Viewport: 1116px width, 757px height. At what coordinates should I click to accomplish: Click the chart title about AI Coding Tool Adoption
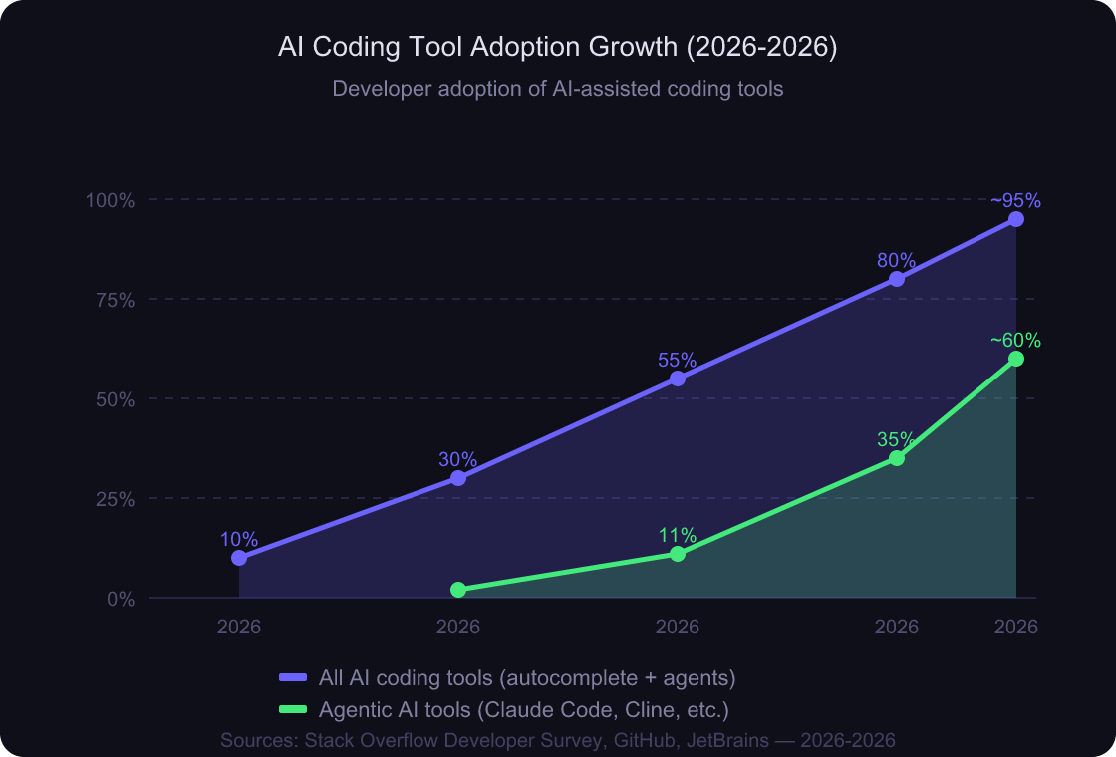(557, 48)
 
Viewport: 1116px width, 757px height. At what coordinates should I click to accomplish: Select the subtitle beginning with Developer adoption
(557, 89)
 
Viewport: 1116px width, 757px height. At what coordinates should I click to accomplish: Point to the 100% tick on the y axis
(110, 200)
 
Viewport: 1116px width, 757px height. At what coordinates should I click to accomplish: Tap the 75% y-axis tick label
(113, 300)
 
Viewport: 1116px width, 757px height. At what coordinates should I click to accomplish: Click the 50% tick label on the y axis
(113, 399)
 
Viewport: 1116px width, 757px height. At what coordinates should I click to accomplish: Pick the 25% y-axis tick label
(113, 499)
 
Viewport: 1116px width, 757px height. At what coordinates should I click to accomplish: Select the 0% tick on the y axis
(120, 599)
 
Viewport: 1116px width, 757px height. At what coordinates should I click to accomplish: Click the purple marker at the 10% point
(239, 558)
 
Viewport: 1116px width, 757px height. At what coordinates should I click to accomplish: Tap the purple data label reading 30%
(458, 460)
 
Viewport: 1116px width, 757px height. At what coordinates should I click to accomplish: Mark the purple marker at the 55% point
(678, 378)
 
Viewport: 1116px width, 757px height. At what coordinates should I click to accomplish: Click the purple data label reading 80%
(897, 261)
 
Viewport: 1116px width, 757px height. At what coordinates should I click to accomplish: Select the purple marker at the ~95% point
(1016, 219)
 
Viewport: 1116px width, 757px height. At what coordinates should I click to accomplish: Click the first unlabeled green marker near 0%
(458, 590)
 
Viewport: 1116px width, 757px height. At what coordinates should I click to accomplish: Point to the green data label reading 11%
(678, 536)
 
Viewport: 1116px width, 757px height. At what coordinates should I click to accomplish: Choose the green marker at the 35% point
(897, 458)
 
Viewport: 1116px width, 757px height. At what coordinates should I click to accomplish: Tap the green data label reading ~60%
(1015, 341)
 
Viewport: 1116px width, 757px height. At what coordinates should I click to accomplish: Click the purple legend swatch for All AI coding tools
(293, 678)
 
